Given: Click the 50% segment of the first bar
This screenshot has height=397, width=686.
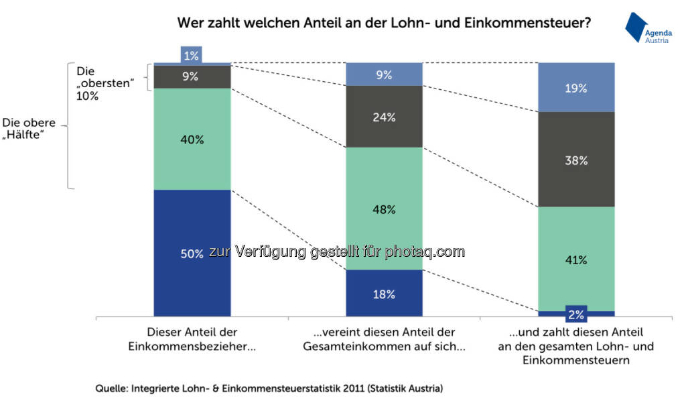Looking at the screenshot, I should point(192,253).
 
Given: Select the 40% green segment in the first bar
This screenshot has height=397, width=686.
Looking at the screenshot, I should point(192,139).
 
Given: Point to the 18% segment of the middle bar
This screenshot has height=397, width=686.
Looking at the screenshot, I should point(384,294).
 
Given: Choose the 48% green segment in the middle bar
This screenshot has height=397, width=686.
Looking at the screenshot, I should point(384,209).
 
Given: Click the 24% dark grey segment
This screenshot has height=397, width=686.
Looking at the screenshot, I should point(384,117).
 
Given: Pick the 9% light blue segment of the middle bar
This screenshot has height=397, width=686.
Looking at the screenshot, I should point(384,75).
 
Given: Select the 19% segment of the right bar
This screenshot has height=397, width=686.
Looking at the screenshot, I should point(576,88).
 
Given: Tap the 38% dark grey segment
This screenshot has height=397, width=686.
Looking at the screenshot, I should point(576,160).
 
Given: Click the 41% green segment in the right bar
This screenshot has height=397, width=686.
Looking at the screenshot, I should point(576,260).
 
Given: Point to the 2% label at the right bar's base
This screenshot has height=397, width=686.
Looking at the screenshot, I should point(576,314).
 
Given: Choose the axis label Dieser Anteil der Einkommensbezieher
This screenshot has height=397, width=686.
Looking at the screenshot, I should point(192,339).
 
